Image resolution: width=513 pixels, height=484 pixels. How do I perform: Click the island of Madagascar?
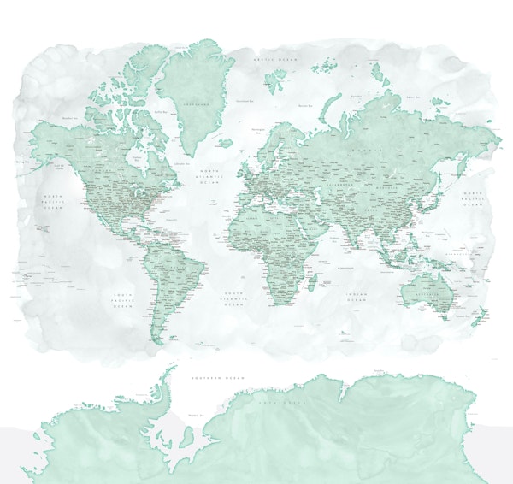pos(313,284)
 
